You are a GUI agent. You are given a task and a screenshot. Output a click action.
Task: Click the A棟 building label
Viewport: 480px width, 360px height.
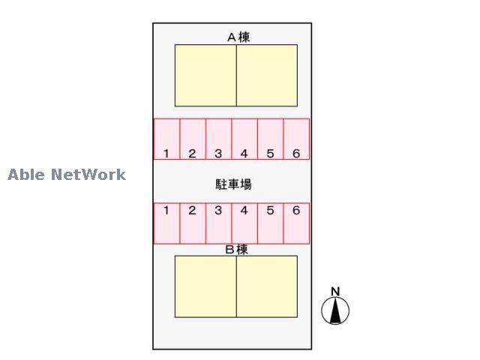238,37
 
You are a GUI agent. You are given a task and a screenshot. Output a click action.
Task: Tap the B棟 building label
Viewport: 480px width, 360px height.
236,250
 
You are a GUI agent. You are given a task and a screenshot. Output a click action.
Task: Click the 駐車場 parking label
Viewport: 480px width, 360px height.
233,184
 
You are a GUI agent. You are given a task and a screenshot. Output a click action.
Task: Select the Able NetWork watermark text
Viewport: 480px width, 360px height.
67,175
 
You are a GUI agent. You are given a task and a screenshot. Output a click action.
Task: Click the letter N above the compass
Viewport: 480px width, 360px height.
335,292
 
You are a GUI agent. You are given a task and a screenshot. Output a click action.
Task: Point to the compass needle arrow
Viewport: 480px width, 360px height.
335,310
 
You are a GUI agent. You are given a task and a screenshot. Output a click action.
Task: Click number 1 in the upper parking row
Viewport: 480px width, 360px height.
166,153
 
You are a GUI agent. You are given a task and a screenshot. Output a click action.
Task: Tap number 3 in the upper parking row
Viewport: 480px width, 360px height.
218,153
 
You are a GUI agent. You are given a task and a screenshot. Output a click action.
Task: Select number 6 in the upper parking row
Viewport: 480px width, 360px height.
296,153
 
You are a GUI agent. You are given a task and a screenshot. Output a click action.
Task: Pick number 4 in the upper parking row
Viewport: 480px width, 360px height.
244,153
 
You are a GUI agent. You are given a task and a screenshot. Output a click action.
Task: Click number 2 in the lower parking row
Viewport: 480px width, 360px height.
192,210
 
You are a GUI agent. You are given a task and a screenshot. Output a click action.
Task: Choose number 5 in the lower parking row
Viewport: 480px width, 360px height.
270,210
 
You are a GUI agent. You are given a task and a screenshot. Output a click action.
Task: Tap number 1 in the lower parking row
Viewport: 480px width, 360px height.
166,210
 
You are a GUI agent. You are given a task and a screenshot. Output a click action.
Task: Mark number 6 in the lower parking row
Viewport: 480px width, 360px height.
296,210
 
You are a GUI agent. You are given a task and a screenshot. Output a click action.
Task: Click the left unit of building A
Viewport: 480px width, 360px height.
205,76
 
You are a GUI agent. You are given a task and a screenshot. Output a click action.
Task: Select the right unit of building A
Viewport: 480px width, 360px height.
267,76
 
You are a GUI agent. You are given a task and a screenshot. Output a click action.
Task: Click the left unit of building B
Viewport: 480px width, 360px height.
205,286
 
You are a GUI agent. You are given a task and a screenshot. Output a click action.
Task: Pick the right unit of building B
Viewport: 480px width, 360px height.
267,286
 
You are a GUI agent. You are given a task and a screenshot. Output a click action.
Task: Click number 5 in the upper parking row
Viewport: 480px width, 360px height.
270,153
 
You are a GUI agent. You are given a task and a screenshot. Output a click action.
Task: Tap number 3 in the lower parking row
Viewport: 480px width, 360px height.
218,210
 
